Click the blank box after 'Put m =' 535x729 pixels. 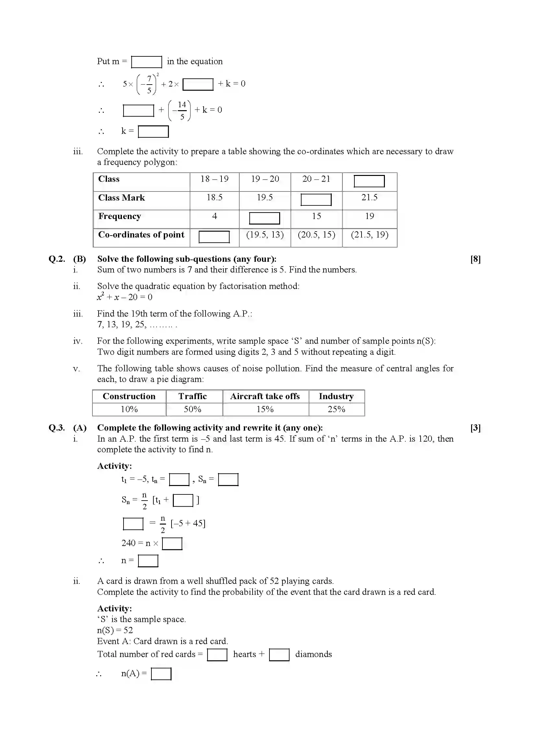[146, 62]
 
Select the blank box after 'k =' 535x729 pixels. [153, 132]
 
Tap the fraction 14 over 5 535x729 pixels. [182, 110]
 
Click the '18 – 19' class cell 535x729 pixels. [214, 179]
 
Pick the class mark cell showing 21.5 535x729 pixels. [369, 198]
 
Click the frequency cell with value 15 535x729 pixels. [316, 216]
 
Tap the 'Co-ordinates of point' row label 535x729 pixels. [141, 235]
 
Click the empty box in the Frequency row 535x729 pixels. [264, 218]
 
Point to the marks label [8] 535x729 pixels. [475, 259]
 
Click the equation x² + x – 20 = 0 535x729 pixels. [125, 297]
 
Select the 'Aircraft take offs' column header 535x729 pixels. [265, 396]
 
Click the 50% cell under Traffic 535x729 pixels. [193, 409]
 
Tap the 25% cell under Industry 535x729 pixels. [336, 409]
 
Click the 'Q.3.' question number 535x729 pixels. [57, 428]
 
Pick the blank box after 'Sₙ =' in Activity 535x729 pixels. [228, 480]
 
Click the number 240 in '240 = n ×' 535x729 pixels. [128, 543]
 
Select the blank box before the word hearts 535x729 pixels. [217, 654]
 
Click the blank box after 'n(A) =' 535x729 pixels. [161, 674]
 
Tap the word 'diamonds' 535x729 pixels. [313, 654]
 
